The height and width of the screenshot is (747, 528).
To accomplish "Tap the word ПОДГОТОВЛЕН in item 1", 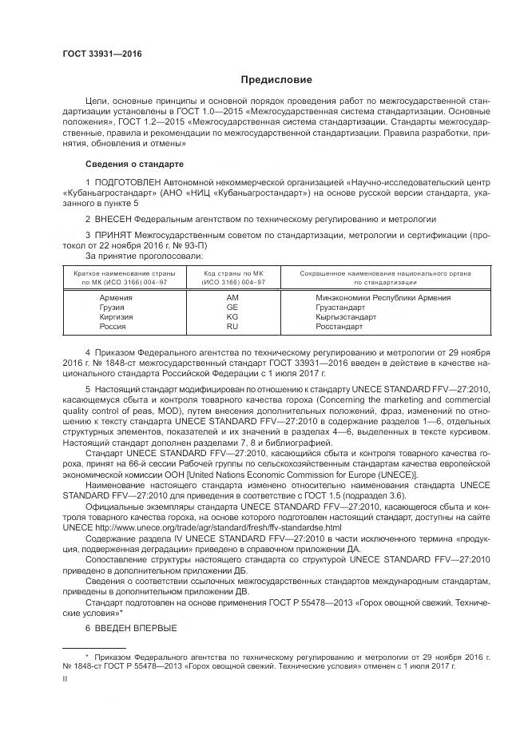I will click(133, 184).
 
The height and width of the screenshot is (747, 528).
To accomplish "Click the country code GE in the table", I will click(232, 308).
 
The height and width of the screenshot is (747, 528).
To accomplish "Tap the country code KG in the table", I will click(232, 317).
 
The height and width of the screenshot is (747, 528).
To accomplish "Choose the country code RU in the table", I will click(232, 327).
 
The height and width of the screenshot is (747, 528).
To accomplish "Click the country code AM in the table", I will click(232, 298).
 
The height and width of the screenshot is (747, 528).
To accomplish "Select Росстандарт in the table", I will click(339, 327).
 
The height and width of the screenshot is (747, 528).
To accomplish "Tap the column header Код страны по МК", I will click(232, 273).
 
